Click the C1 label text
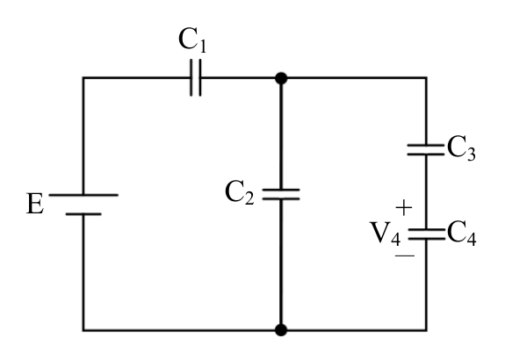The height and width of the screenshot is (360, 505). tap(192, 40)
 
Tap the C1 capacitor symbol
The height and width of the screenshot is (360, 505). tap(196, 77)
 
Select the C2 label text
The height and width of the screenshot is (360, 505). tap(240, 192)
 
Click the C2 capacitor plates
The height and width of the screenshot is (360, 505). tap(281, 195)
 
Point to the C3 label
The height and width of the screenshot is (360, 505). tap(461, 148)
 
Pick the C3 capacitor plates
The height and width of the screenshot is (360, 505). tap(426, 150)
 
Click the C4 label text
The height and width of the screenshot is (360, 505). tap(461, 234)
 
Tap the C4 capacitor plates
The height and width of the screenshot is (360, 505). tap(427, 234)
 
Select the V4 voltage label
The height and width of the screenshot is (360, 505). tap(386, 234)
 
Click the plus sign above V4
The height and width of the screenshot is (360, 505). tap(403, 207)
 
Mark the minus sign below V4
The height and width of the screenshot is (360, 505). tap(405, 256)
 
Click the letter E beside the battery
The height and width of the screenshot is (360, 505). tap(35, 204)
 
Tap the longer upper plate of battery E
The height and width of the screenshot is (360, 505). tap(83, 195)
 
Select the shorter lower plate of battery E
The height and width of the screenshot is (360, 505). tap(83, 214)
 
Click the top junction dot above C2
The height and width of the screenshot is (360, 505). tap(281, 78)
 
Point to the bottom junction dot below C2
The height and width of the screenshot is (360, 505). tap(281, 330)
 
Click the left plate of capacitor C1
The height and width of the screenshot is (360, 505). tap(191, 77)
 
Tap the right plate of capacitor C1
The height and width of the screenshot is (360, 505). tap(199, 77)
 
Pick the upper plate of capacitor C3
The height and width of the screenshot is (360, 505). tap(426, 146)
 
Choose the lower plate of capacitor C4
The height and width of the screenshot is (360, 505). tap(427, 239)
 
